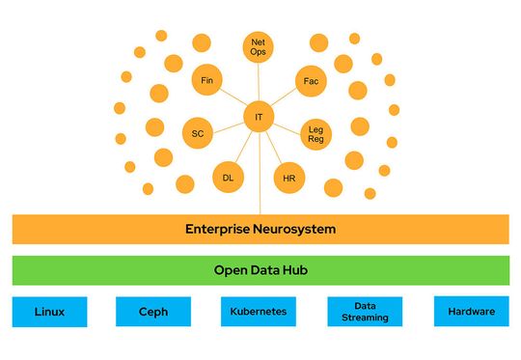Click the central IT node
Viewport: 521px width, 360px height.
[259, 117]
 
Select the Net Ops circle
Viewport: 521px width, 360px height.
[259, 46]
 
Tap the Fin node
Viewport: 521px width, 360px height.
[206, 80]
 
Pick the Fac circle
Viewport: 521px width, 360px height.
[311, 81]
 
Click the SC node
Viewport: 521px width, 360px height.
[197, 132]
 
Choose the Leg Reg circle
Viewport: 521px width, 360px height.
[315, 134]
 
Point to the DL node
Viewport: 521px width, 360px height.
[228, 178]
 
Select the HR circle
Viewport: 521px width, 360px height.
[289, 179]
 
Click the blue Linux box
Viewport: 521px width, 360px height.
[49, 312]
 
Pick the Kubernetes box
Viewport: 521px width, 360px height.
[258, 312]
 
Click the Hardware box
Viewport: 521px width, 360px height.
[471, 312]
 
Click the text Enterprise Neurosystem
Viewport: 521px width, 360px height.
[260, 230]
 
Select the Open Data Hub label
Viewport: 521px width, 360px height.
[260, 270]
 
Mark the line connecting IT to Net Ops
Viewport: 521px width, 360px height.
[259, 83]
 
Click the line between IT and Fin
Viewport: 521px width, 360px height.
[233, 98]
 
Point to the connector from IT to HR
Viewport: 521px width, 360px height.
[274, 148]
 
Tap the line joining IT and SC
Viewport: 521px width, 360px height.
[228, 125]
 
